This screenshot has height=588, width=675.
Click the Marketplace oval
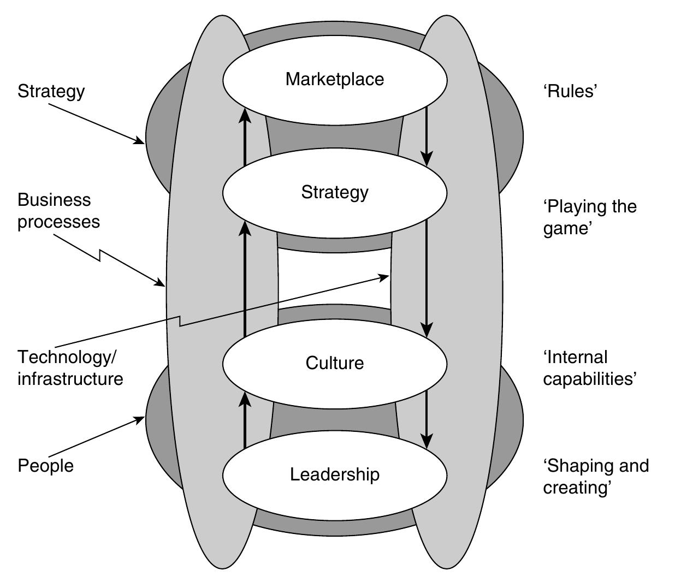(x=334, y=79)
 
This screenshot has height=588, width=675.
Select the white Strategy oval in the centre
(x=334, y=192)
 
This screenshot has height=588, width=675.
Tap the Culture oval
(x=334, y=363)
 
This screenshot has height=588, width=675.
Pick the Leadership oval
(x=334, y=474)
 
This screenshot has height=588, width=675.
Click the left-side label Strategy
(x=51, y=91)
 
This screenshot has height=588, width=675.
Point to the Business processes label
(x=58, y=211)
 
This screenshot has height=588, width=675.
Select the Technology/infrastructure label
(x=70, y=367)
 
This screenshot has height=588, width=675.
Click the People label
(x=45, y=466)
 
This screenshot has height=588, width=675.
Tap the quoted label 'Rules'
(x=569, y=91)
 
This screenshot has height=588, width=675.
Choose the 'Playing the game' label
(x=589, y=217)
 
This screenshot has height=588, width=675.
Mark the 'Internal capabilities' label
(x=589, y=367)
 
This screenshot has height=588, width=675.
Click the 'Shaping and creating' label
(x=595, y=476)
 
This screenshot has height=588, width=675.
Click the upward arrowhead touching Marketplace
(x=245, y=115)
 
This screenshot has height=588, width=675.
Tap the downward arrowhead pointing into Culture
(x=427, y=329)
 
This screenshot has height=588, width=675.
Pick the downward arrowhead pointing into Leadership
(x=427, y=441)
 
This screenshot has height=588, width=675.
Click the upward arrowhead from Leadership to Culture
(x=245, y=400)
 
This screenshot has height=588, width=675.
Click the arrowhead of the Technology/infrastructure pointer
(x=384, y=277)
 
